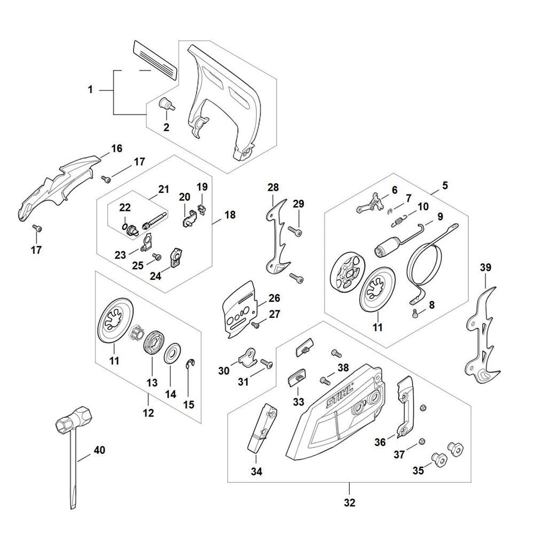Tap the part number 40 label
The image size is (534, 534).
99,450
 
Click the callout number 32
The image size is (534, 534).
349,502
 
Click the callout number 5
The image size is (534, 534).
445,186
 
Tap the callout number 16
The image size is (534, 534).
116,148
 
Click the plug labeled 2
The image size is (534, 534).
167,104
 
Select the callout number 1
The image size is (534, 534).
90,90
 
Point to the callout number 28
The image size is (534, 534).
273,187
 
